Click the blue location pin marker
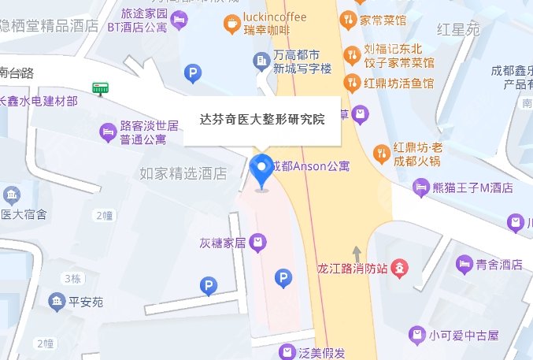point(262,171)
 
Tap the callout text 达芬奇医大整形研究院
point(262,121)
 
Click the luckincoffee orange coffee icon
point(232,24)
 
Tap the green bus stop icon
point(100,88)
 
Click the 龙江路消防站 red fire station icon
point(400,268)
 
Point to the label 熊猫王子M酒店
point(474,187)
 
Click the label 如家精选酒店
point(183,173)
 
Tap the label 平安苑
point(87,302)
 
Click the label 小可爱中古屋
point(465,336)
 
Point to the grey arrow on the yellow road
point(357,254)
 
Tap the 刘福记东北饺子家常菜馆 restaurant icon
point(353,54)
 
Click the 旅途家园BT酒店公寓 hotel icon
point(180,18)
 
